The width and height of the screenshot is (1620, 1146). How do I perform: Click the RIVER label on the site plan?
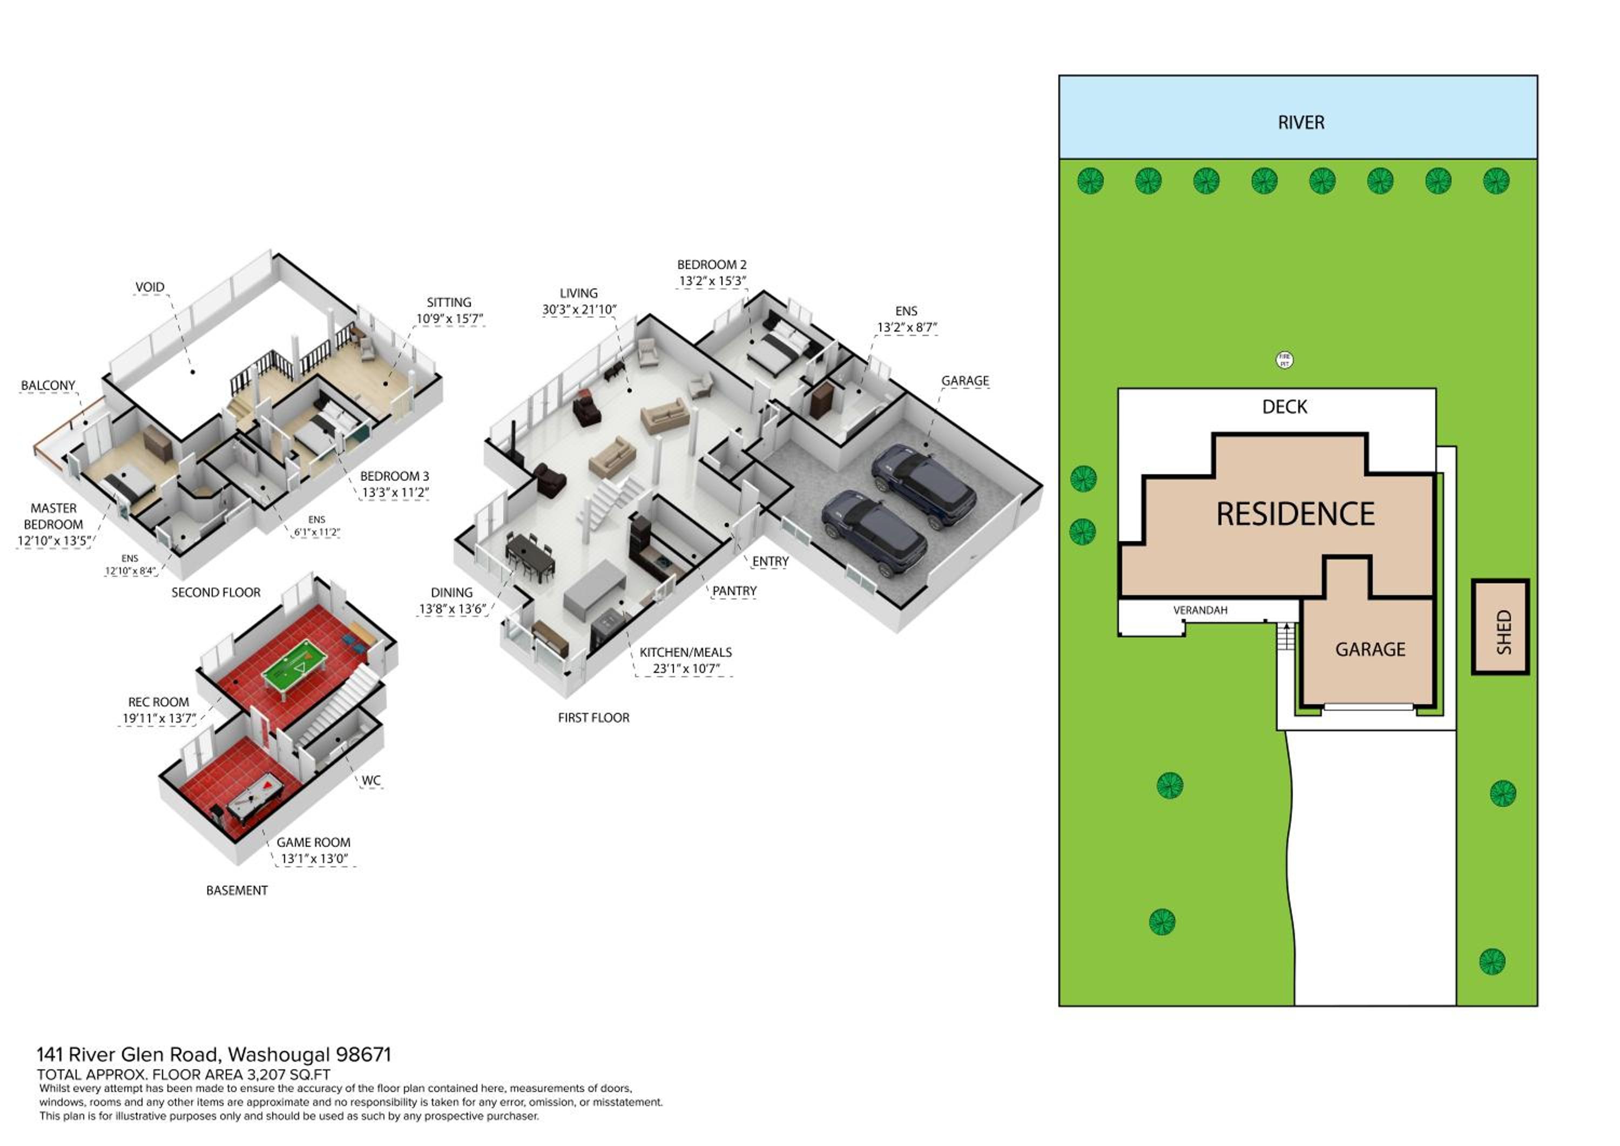(x=1301, y=123)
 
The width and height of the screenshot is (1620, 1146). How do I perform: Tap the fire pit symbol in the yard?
(x=1285, y=360)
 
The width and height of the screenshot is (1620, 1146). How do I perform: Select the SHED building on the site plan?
(x=1500, y=626)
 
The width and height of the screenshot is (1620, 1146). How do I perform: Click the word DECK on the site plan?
(x=1284, y=407)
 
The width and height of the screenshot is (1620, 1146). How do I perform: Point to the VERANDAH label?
(x=1200, y=610)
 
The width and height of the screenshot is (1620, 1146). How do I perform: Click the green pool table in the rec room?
(x=294, y=664)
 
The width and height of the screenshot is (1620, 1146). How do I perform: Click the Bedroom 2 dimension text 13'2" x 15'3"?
(x=712, y=281)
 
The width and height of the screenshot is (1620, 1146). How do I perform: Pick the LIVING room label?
(x=578, y=293)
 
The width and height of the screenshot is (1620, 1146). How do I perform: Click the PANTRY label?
(x=734, y=591)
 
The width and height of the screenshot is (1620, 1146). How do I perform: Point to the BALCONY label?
(x=48, y=385)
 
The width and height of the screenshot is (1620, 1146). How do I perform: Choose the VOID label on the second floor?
(x=150, y=287)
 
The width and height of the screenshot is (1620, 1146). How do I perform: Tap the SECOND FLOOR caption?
(x=216, y=593)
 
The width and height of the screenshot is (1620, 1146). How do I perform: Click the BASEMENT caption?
(x=237, y=891)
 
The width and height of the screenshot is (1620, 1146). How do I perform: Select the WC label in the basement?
(x=371, y=780)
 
